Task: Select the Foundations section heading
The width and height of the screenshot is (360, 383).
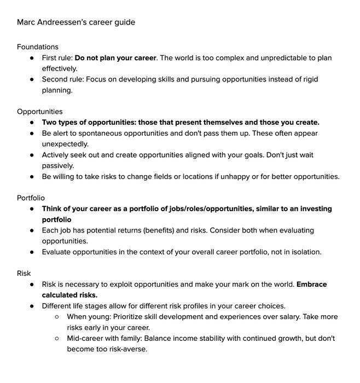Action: (38, 47)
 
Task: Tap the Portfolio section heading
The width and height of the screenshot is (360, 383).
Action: (31, 198)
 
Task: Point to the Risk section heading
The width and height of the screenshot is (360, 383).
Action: (24, 273)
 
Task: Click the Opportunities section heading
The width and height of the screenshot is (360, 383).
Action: (40, 112)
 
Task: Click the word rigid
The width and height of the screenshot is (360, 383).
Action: (308, 79)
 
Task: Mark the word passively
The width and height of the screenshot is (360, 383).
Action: (58, 165)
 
